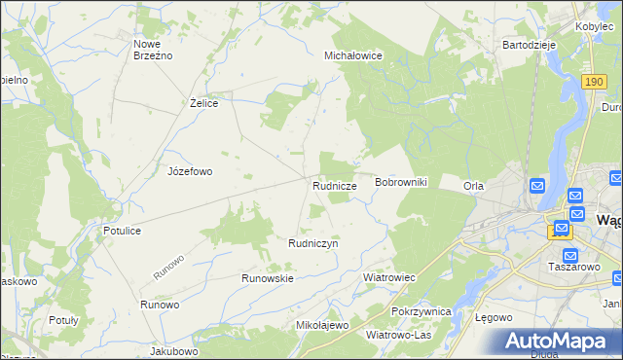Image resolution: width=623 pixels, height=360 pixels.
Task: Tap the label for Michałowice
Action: point(352,56)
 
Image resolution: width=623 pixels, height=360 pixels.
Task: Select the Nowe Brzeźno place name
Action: point(153,50)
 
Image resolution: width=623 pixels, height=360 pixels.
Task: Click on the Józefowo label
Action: point(190,171)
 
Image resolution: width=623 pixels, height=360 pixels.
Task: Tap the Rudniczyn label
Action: point(312,243)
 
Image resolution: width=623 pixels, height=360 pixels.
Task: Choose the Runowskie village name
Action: point(268,278)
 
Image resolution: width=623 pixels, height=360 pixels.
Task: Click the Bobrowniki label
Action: point(401,183)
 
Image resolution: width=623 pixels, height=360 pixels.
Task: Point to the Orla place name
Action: point(473,186)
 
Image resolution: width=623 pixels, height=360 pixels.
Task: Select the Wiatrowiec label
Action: point(389,277)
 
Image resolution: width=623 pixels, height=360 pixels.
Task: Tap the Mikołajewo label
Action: point(321,325)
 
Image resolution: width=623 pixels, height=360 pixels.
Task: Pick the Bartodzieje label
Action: point(528,45)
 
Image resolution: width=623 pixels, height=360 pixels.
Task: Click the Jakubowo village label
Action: point(174,350)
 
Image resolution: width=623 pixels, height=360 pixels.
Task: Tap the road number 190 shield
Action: point(596,84)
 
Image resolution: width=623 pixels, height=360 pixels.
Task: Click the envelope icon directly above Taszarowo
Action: point(570,255)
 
